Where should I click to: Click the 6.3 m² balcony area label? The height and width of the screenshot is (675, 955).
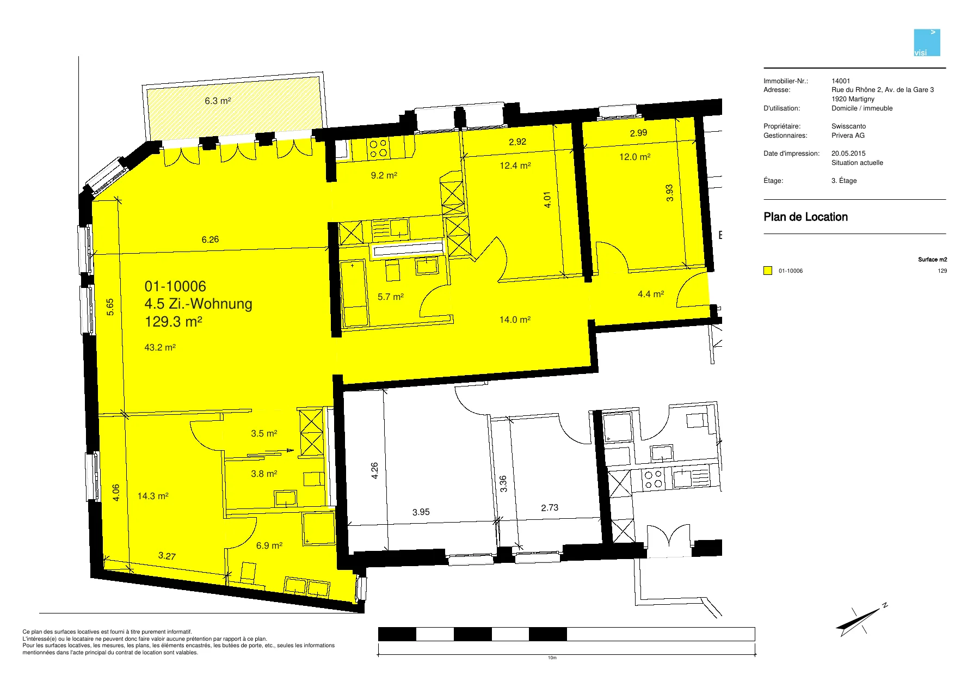218,101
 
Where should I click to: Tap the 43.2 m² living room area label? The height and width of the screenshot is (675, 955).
160,347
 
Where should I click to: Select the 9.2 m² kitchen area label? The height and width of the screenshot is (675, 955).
384,175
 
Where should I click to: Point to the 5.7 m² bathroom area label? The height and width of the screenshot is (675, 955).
391,297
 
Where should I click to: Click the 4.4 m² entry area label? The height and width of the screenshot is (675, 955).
651,294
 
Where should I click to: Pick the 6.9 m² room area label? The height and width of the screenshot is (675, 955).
269,545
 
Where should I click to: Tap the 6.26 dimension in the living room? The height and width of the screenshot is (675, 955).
210,240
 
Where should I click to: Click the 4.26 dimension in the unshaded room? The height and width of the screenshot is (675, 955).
374,471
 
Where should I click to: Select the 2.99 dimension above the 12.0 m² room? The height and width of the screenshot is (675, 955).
638,133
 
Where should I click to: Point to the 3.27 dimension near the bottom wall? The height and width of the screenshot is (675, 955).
167,556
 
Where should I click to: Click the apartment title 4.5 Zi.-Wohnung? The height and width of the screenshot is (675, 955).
198,304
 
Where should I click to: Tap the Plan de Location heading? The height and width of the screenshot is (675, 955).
805,217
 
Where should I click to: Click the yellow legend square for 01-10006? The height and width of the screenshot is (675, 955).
768,271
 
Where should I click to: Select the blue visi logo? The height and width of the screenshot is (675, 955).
927,42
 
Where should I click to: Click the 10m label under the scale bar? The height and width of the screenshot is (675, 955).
552,658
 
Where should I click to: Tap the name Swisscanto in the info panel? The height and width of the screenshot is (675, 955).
848,126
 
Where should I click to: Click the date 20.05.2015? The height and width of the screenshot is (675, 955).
848,154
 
